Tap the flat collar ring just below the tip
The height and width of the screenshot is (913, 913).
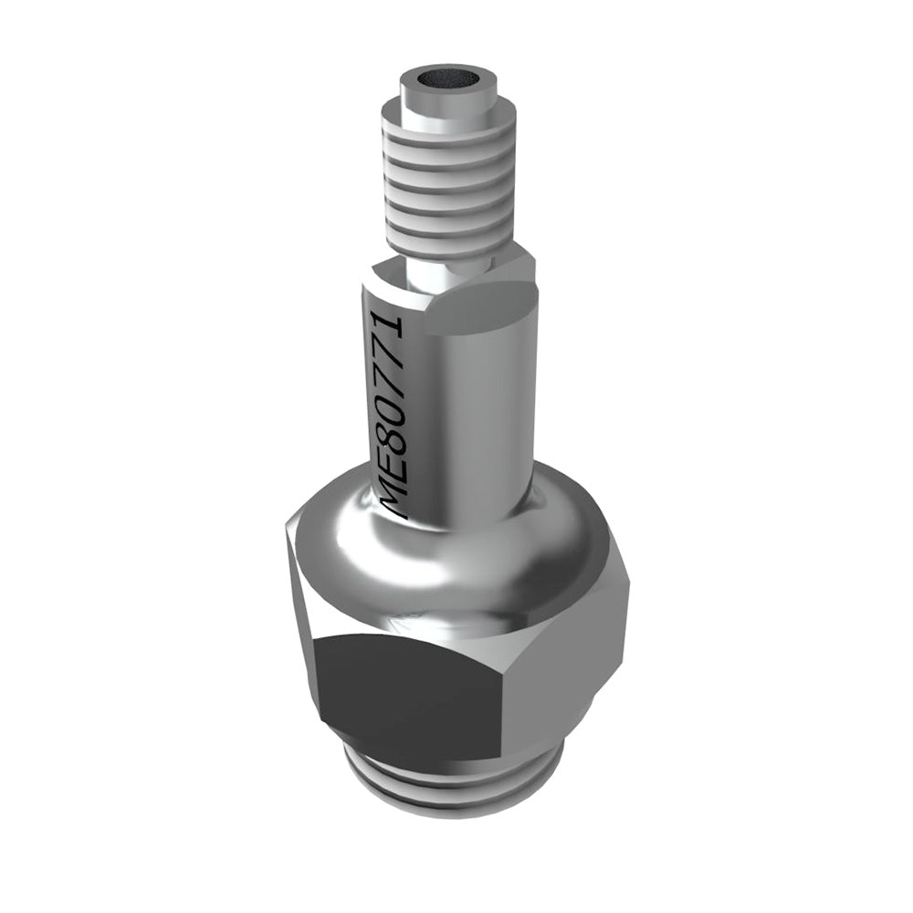456,113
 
